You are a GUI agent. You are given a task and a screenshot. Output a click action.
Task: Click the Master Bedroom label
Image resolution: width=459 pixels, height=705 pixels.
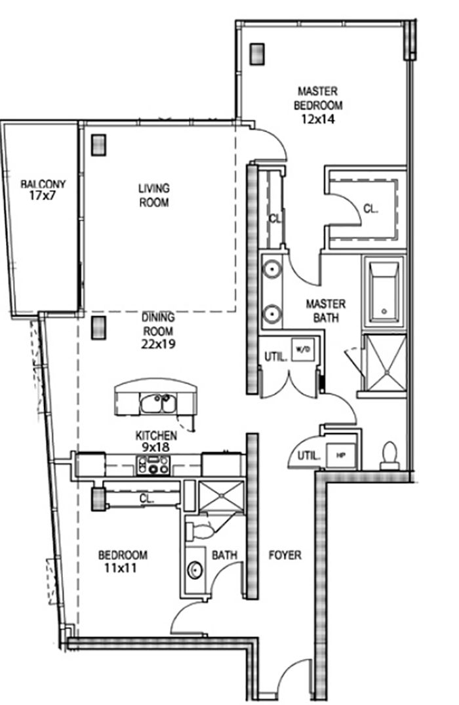[318, 98]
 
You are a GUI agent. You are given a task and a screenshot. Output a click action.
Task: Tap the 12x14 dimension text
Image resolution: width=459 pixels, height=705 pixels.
[319, 119]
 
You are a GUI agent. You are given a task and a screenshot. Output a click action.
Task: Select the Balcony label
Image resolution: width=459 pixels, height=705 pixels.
[43, 184]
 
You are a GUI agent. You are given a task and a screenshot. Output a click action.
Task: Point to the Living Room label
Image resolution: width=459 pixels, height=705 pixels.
[153, 195]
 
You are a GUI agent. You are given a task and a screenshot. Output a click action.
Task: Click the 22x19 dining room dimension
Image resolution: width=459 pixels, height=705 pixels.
[158, 344]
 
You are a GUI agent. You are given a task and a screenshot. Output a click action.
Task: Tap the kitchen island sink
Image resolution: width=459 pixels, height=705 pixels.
[157, 403]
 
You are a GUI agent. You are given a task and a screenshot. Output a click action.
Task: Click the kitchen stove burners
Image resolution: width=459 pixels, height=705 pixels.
[153, 465]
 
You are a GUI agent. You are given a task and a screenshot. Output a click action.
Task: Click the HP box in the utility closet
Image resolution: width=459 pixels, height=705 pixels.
[342, 454]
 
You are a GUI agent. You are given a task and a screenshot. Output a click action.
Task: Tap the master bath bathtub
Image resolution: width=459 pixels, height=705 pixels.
[384, 292]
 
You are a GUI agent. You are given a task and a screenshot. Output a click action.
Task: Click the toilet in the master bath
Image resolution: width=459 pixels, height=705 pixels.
[389, 456]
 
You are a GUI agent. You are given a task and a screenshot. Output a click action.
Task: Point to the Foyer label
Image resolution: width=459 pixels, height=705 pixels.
[285, 555]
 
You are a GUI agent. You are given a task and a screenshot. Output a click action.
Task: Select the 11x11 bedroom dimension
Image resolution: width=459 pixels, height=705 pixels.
[121, 568]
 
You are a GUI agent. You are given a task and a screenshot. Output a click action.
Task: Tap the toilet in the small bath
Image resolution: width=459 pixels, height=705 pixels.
[199, 530]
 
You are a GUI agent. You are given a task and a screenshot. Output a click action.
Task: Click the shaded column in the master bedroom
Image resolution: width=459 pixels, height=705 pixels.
[256, 54]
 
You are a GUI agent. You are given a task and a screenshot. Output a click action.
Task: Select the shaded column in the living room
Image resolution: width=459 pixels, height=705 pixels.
[98, 145]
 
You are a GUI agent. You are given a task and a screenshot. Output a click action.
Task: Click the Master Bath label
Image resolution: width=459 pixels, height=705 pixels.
[326, 311]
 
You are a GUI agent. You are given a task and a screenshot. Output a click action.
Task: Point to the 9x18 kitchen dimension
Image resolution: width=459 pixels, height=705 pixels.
[157, 447]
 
